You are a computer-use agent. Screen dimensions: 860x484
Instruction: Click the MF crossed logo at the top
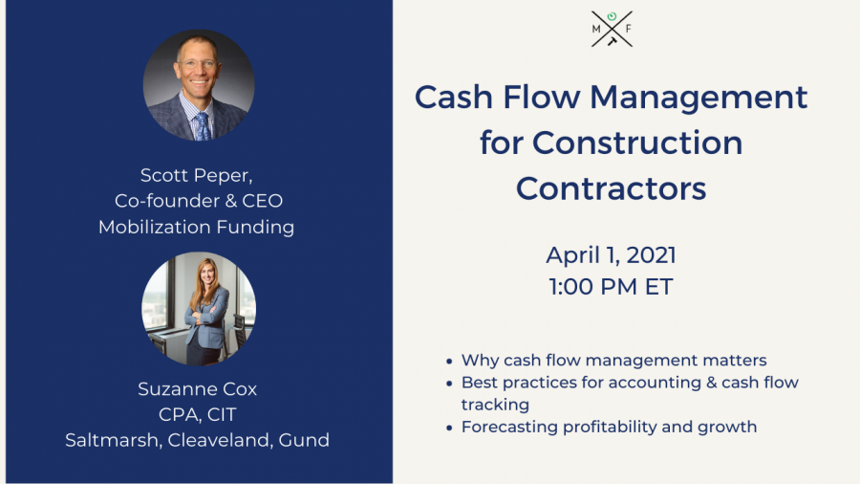point(612,29)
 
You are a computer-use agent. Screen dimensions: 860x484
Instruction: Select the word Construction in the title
point(637,143)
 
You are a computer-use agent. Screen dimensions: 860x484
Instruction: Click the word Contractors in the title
point(611,188)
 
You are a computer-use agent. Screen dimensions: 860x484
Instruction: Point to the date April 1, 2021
point(611,255)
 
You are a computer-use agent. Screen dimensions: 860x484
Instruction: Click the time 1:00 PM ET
point(611,286)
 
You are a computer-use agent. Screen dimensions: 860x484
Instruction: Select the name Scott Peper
point(196,176)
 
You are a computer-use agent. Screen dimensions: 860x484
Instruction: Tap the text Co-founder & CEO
point(199,201)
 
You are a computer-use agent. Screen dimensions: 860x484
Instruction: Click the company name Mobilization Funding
point(196,228)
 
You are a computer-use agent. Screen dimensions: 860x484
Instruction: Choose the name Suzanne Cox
point(198,389)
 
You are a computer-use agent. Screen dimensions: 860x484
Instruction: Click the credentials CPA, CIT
point(198,415)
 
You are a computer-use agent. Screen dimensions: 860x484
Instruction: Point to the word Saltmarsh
point(112,440)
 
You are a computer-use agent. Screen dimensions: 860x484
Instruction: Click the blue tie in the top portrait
point(202,126)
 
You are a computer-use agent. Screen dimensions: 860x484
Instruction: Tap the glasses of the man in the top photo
point(197,64)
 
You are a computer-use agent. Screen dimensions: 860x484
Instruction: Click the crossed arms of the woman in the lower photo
point(201,319)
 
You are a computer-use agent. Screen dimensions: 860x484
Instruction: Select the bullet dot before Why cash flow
point(449,361)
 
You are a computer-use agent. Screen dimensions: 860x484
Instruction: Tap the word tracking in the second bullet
point(495,405)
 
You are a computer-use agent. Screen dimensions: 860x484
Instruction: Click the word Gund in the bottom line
point(304,440)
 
